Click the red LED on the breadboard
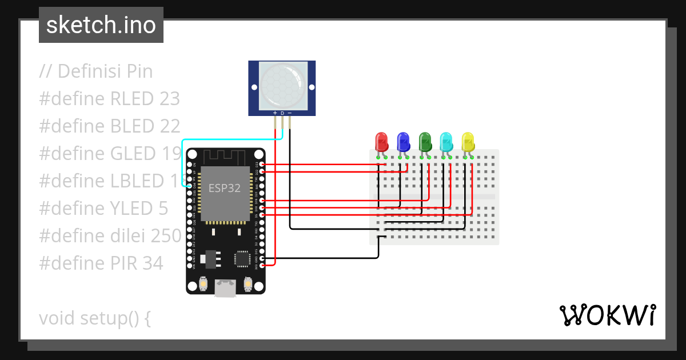click(381, 141)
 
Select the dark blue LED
click(403, 141)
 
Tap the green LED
click(425, 141)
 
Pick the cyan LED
click(446, 141)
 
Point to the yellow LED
click(468, 141)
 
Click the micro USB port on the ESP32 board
click(225, 289)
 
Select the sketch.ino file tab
click(101, 25)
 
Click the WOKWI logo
click(607, 315)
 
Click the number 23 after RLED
click(168, 99)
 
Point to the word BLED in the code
click(131, 126)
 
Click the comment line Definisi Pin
click(96, 71)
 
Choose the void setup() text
click(95, 318)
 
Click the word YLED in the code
click(131, 208)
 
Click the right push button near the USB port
click(248, 283)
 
